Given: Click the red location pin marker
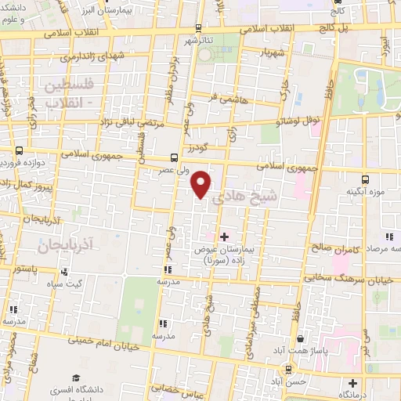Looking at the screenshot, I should pyautogui.click(x=202, y=184).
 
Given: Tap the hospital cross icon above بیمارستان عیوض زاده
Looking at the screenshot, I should pyautogui.click(x=224, y=235).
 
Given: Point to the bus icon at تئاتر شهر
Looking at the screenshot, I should pyautogui.click(x=196, y=26).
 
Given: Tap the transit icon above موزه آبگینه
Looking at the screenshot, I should pyautogui.click(x=365, y=179).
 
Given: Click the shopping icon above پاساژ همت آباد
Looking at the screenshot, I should pyautogui.click(x=302, y=339).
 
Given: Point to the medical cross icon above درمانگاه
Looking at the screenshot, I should pyautogui.click(x=353, y=384).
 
